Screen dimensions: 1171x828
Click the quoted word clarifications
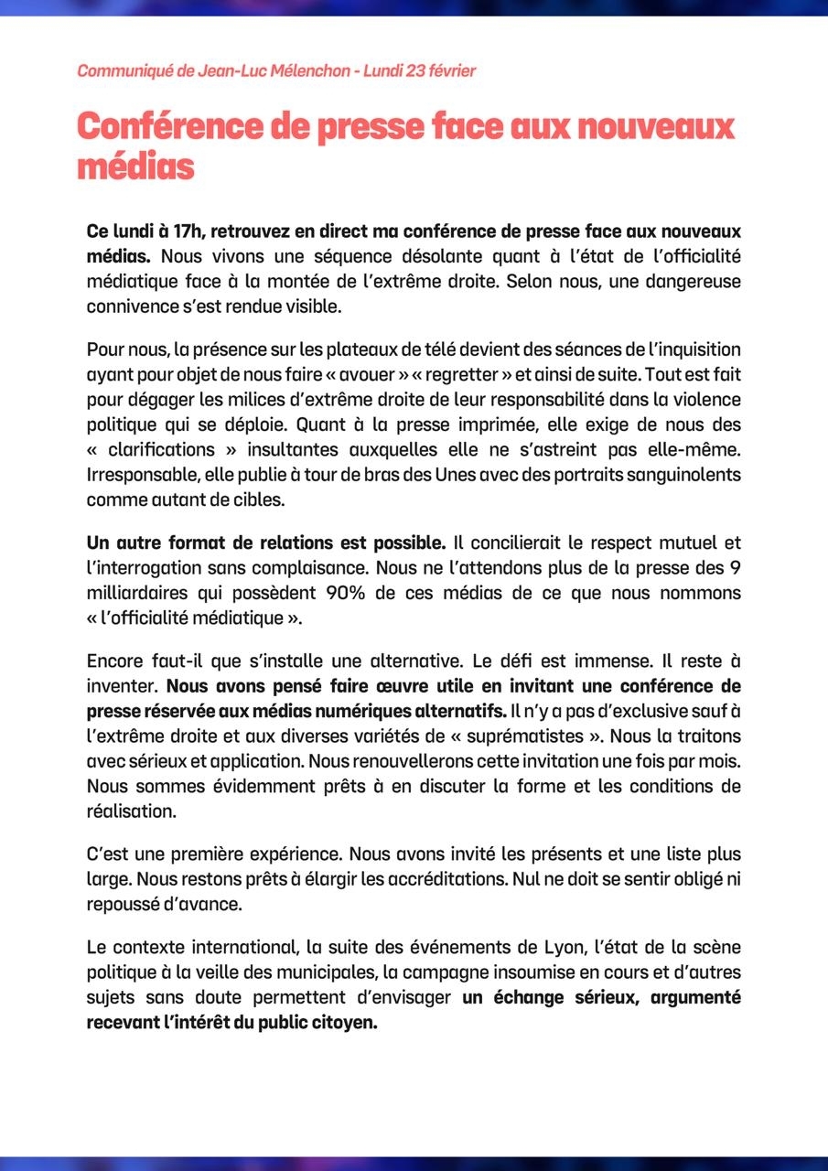[162, 451]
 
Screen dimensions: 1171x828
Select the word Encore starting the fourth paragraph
[114, 661]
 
